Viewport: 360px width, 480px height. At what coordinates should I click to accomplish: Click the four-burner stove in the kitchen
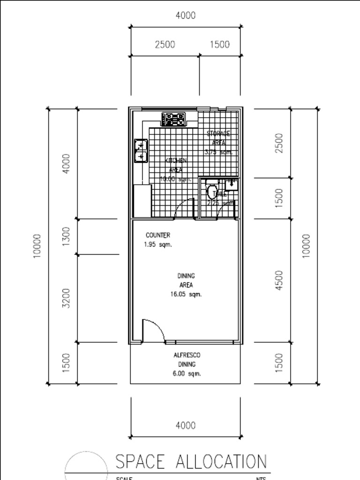click(x=173, y=120)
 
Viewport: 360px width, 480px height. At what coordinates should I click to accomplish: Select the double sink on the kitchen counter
click(x=141, y=150)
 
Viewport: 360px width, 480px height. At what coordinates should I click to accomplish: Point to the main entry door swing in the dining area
click(x=153, y=331)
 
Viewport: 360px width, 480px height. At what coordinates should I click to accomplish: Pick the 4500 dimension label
click(x=279, y=280)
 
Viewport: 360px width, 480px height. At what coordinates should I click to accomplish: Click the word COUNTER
click(x=158, y=235)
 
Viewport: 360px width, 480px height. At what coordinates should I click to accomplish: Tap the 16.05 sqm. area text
click(x=186, y=294)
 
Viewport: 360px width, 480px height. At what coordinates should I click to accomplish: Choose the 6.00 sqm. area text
click(x=187, y=374)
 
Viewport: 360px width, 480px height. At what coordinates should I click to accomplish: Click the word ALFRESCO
click(x=187, y=356)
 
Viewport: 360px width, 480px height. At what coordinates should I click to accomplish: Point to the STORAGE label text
click(x=218, y=134)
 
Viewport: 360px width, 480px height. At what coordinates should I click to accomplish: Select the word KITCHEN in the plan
click(x=176, y=161)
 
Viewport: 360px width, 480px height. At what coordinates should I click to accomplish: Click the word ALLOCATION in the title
click(x=221, y=462)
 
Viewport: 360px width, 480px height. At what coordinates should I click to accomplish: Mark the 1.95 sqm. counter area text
click(x=158, y=245)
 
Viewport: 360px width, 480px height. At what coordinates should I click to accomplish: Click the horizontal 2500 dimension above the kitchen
click(x=165, y=45)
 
